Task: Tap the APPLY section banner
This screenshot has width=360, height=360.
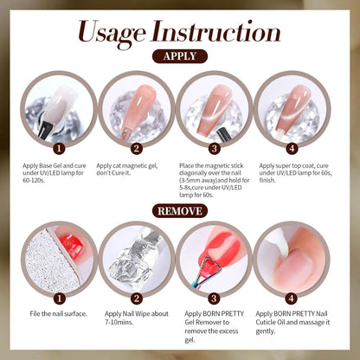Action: (180, 56)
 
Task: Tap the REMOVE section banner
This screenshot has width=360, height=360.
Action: (179, 210)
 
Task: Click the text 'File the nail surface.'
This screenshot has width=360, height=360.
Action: (57, 313)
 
